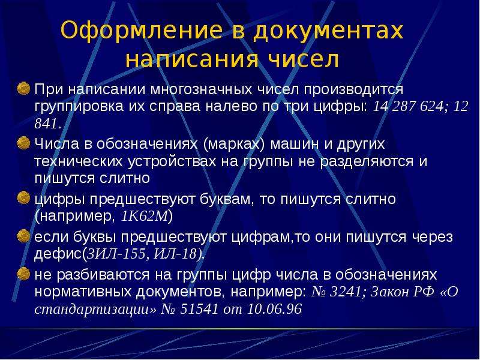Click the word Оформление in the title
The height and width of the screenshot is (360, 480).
point(142,31)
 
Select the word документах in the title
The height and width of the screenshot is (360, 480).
point(328,31)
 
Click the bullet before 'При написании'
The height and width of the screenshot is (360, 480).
point(23,88)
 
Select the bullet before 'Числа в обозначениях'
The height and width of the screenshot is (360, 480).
point(23,143)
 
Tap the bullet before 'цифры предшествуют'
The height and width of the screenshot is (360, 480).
point(23,198)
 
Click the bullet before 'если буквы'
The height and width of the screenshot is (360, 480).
point(23,236)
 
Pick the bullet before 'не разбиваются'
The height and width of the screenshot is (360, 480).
point(23,274)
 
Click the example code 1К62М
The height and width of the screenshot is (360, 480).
point(145,217)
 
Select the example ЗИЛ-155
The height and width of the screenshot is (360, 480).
point(116,254)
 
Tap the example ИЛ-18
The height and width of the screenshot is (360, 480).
point(175,254)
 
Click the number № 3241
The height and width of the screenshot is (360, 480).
point(337,292)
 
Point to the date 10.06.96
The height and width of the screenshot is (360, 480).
point(275,309)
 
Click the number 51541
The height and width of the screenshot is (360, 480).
point(199,309)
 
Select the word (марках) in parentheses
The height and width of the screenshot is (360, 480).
point(233,144)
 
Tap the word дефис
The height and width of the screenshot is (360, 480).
point(58,254)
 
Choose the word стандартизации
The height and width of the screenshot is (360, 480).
point(95,309)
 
